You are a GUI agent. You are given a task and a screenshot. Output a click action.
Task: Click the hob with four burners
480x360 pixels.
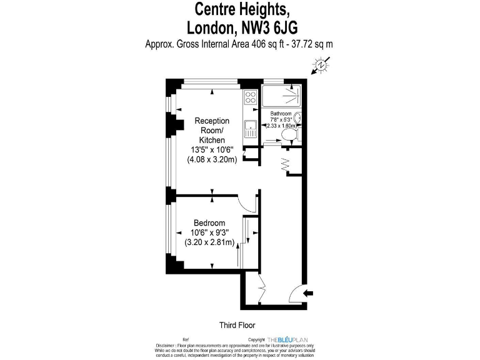point(251,97)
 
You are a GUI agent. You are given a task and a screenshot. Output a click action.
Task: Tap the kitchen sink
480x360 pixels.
point(250,129)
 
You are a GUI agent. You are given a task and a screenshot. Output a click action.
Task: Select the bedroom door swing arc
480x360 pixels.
point(248,204)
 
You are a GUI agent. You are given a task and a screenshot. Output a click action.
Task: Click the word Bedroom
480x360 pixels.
point(209,223)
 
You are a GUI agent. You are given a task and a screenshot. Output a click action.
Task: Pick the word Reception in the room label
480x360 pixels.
point(212,121)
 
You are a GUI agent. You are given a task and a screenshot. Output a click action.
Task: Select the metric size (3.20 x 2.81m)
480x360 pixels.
point(209,242)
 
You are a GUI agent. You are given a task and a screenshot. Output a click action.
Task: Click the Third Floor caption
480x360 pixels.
point(237,324)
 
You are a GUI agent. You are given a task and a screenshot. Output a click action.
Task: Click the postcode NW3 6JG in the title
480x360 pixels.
point(272,27)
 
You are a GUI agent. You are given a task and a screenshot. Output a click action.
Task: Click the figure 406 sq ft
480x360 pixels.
point(262,44)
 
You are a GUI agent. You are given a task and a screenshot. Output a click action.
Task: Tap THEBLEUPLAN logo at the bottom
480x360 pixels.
point(292,339)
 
